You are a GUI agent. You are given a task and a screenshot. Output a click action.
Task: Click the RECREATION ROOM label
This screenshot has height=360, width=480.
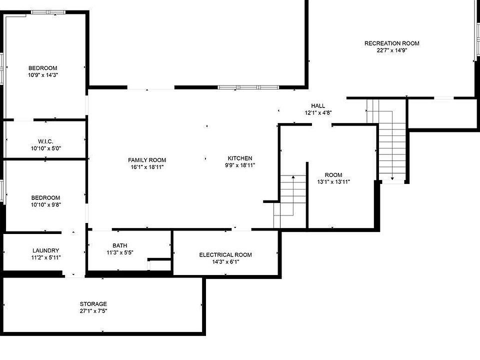click(x=391, y=43)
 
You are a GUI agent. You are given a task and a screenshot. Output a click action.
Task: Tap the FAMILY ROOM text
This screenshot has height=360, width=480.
click(x=147, y=160)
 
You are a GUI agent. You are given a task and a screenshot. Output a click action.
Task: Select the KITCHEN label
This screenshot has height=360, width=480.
click(x=240, y=158)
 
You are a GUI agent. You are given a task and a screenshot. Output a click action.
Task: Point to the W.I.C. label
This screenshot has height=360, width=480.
click(x=45, y=141)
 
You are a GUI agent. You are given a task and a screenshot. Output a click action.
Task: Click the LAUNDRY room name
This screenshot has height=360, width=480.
click(x=46, y=250)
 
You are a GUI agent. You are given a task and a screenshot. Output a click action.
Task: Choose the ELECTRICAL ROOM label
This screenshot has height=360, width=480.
click(x=225, y=254)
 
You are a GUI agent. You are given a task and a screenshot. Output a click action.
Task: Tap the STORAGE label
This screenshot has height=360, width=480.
click(x=93, y=304)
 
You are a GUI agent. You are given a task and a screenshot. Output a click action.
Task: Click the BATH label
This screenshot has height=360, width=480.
click(x=119, y=245)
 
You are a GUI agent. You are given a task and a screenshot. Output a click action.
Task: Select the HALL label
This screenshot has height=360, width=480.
click(x=318, y=106)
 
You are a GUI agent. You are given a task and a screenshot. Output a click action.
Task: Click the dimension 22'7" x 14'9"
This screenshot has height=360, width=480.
click(x=391, y=50)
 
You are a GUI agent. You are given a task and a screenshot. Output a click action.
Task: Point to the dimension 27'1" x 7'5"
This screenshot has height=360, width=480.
click(x=93, y=311)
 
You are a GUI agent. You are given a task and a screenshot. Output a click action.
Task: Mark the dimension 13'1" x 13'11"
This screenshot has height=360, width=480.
click(x=333, y=182)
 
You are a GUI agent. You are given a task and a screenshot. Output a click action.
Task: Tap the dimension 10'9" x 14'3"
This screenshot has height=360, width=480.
click(x=43, y=75)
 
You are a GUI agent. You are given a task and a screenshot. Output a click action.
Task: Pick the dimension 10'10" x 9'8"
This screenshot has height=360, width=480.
click(x=45, y=205)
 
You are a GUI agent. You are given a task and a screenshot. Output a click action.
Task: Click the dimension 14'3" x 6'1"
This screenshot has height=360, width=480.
click(x=225, y=261)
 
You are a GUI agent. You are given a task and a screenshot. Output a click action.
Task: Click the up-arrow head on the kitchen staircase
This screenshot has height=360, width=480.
click(x=293, y=177)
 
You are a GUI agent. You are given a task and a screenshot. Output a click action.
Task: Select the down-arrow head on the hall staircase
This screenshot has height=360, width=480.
click(x=392, y=178)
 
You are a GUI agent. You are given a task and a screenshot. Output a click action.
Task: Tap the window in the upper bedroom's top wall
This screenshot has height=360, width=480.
click(x=48, y=12)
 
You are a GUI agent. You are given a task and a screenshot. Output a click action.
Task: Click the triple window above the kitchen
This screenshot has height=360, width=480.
click(x=248, y=87)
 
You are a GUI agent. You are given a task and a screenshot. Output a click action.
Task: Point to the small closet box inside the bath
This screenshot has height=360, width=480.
click(x=159, y=265)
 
